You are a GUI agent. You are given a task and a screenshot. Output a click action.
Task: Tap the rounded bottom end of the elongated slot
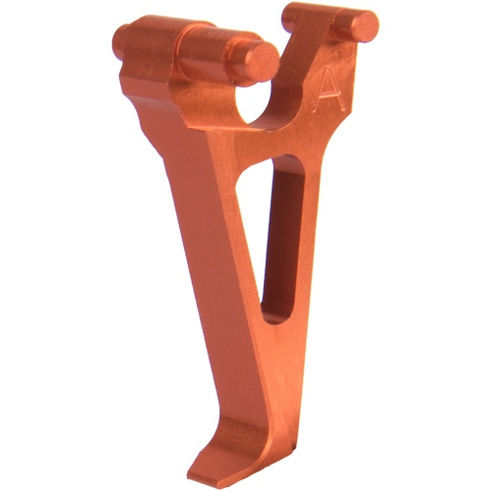276,316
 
